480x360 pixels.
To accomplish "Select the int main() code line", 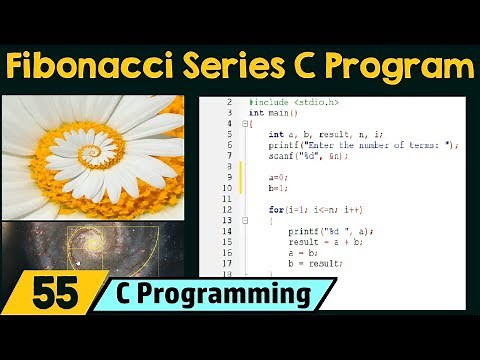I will (273, 113).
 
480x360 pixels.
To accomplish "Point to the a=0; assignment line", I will (279, 176).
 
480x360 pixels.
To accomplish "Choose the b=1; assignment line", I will (279, 187).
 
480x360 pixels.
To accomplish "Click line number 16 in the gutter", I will (229, 251).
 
